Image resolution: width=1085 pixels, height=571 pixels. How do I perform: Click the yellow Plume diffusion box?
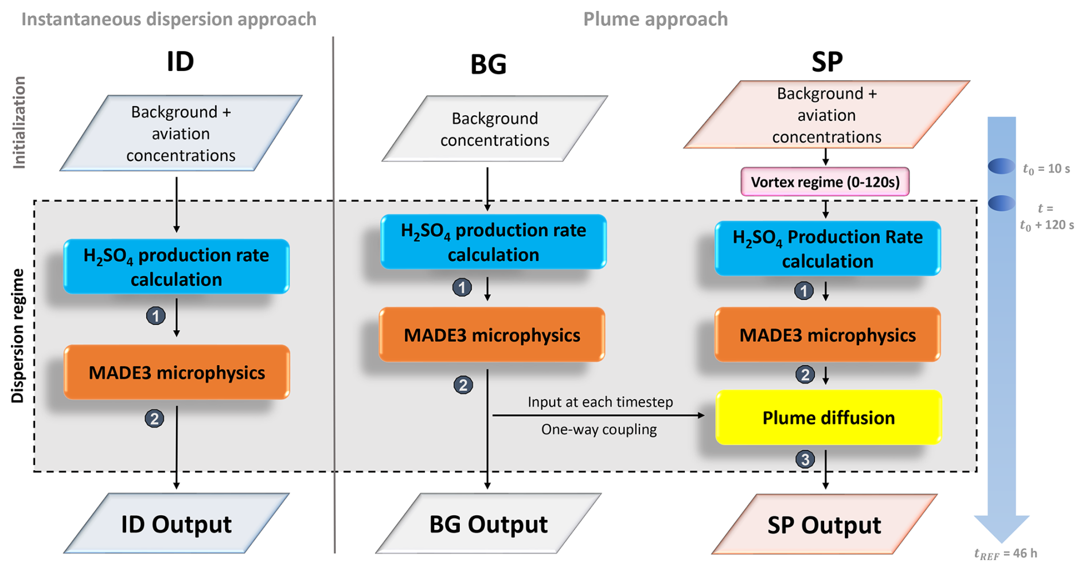[828, 417]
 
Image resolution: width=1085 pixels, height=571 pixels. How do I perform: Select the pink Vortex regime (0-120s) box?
[825, 182]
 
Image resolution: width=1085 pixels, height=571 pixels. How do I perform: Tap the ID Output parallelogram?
[176, 524]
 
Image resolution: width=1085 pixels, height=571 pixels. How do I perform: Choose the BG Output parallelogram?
[488, 524]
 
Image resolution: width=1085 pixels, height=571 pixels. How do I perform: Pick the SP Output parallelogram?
[824, 525]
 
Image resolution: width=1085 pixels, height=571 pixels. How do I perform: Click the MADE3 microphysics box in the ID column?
[177, 373]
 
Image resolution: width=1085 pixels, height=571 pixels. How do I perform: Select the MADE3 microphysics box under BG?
[491, 335]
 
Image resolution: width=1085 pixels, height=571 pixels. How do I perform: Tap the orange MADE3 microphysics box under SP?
[827, 335]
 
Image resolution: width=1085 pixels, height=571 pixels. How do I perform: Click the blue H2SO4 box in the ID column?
[176, 267]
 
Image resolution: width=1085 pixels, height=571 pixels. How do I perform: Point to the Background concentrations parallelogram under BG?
[494, 129]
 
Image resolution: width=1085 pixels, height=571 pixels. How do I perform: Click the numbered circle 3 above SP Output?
[805, 459]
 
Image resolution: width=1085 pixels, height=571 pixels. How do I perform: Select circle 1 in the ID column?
[155, 316]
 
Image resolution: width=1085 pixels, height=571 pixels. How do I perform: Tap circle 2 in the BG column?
[463, 385]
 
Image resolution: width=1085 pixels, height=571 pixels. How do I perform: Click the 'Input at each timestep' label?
[600, 402]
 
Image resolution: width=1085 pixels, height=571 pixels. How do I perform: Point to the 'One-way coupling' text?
[599, 429]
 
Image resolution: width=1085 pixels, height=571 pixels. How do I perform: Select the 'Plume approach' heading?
[655, 19]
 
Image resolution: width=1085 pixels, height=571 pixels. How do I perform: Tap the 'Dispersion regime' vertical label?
[18, 335]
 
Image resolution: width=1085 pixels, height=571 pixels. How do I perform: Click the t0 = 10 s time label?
[1046, 169]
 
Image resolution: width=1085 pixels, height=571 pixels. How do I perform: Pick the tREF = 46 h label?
[1005, 553]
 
